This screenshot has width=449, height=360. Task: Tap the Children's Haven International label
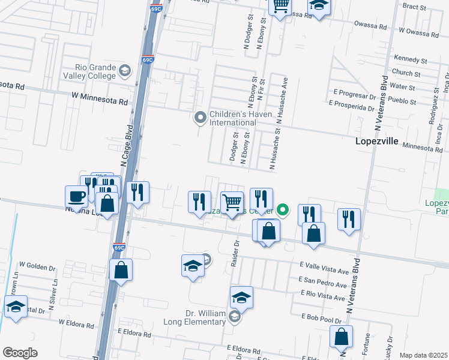[232, 118]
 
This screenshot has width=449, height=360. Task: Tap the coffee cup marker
[76, 196]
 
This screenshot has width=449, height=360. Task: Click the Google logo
[20, 353]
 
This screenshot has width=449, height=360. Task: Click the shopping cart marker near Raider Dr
[232, 202]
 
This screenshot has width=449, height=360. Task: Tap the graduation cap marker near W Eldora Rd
[16, 307]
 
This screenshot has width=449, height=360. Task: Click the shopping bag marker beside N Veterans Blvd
[341, 337]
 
